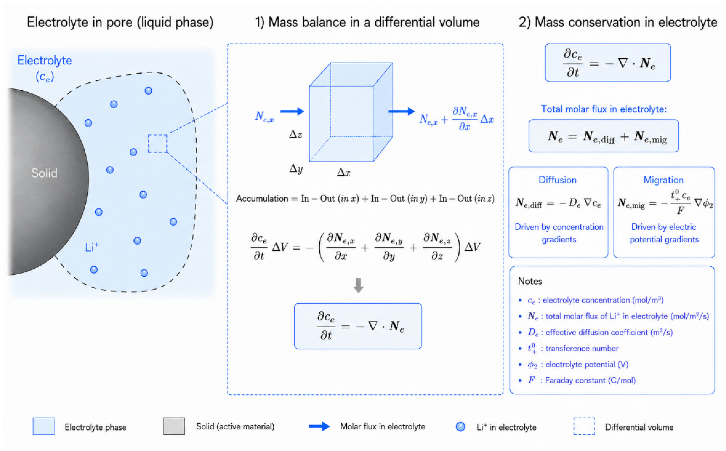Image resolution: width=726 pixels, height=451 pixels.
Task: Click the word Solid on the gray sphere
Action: point(44,173)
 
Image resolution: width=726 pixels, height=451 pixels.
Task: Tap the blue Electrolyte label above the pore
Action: point(45,61)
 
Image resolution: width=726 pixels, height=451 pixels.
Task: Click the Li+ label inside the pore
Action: point(92,247)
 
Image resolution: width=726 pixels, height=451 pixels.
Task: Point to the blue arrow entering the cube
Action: point(292,112)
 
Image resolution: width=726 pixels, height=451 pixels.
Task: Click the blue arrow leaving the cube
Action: point(402,111)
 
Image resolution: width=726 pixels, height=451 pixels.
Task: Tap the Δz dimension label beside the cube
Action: point(296,135)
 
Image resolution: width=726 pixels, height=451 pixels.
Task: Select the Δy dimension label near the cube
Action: point(296,169)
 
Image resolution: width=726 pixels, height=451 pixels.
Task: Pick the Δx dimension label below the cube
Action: point(344,172)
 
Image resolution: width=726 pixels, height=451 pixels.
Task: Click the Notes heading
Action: point(530,281)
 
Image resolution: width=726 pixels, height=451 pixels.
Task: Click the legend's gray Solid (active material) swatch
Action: point(174,426)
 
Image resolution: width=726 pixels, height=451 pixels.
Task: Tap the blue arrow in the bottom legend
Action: point(319,426)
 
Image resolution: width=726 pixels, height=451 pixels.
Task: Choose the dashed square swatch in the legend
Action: point(584,426)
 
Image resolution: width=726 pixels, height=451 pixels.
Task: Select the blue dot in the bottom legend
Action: point(460,427)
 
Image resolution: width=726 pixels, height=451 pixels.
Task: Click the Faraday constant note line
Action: point(582,380)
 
